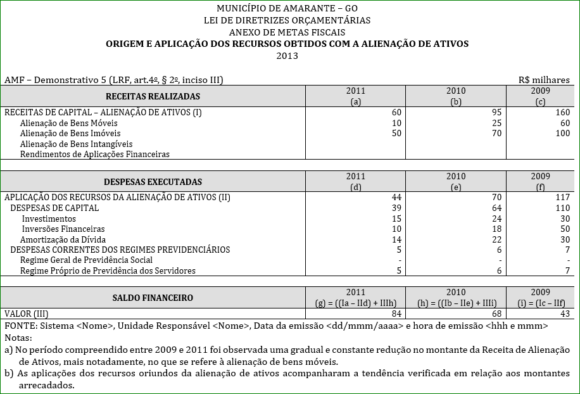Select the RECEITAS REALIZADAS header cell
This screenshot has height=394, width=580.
click(x=152, y=96)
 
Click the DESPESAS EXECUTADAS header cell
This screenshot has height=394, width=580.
click(x=153, y=181)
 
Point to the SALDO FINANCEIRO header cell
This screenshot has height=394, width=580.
click(x=153, y=297)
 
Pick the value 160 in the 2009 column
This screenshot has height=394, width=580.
click(x=562, y=112)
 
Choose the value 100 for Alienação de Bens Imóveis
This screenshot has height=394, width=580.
click(x=562, y=133)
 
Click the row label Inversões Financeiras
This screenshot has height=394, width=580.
click(x=63, y=229)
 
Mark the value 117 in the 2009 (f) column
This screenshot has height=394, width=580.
click(x=562, y=197)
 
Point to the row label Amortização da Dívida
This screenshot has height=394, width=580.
click(x=63, y=239)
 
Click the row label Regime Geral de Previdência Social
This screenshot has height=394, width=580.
click(x=86, y=260)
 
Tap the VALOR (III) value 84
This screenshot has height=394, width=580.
click(x=396, y=314)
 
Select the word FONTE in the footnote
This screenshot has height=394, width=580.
click(x=20, y=325)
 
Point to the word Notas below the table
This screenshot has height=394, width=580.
click(x=17, y=336)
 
